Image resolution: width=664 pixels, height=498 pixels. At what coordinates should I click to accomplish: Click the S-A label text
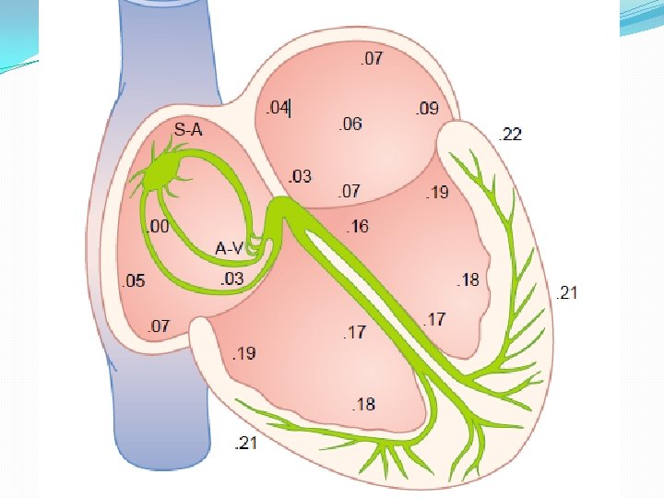tap(188, 130)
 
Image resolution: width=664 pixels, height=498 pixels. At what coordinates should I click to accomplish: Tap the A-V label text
tap(229, 248)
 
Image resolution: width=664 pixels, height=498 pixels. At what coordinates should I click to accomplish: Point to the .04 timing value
tap(275, 108)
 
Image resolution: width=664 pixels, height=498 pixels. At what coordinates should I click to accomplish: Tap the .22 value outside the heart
tap(509, 135)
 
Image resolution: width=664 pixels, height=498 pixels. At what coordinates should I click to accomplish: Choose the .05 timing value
tap(134, 281)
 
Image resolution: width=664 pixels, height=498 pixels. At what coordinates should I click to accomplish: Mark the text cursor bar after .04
tap(290, 109)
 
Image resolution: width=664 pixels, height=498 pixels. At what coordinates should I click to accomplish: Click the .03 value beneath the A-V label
tap(232, 279)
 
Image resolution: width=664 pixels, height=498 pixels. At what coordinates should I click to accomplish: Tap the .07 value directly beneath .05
tap(159, 326)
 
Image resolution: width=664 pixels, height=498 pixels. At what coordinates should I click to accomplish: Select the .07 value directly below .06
tap(349, 192)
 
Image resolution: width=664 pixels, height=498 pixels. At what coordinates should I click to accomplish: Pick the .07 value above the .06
tap(372, 60)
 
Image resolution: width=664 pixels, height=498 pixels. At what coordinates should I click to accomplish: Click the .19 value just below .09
tap(437, 193)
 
